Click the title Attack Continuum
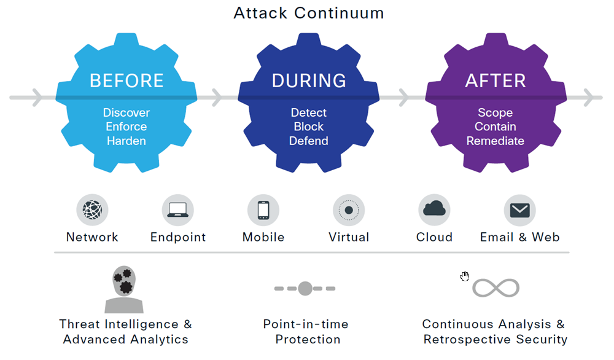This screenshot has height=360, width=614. (308, 13)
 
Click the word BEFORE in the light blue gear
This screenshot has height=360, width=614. (126, 80)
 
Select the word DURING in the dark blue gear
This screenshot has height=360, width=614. (309, 80)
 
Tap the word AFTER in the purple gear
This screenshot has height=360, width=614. (495, 80)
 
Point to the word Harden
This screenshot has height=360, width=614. (126, 141)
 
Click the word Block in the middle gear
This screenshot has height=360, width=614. (309, 127)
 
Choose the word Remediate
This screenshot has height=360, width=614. (495, 141)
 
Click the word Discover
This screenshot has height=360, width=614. (126, 112)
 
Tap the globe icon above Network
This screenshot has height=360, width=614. (92, 210)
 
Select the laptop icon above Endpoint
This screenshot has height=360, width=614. (178, 210)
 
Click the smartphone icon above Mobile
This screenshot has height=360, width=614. (263, 210)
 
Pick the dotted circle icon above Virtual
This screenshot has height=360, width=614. (349, 210)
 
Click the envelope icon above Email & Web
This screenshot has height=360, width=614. (519, 210)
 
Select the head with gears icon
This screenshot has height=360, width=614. (124, 289)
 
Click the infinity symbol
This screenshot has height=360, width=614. (495, 288)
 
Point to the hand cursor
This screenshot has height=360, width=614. (465, 276)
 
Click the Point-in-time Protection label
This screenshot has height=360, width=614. (305, 331)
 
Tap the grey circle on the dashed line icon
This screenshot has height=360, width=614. (305, 288)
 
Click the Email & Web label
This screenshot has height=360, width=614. (519, 237)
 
